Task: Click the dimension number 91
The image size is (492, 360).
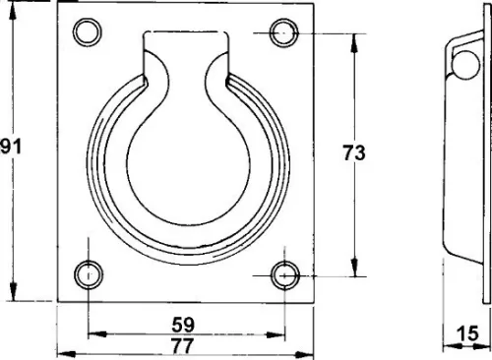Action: pyautogui.click(x=11, y=147)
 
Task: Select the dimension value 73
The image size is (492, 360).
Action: pyautogui.click(x=354, y=152)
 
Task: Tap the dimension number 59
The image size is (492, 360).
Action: pyautogui.click(x=183, y=325)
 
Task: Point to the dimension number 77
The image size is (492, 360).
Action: pyautogui.click(x=183, y=345)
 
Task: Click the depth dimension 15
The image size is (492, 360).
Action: pyautogui.click(x=468, y=333)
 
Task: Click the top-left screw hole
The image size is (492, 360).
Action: pyautogui.click(x=87, y=32)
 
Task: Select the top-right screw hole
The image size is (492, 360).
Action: pyautogui.click(x=284, y=33)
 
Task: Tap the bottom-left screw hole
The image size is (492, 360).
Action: pyautogui.click(x=89, y=274)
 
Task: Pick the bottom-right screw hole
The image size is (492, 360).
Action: pyautogui.click(x=284, y=275)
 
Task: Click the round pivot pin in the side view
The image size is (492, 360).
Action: pyautogui.click(x=465, y=64)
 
